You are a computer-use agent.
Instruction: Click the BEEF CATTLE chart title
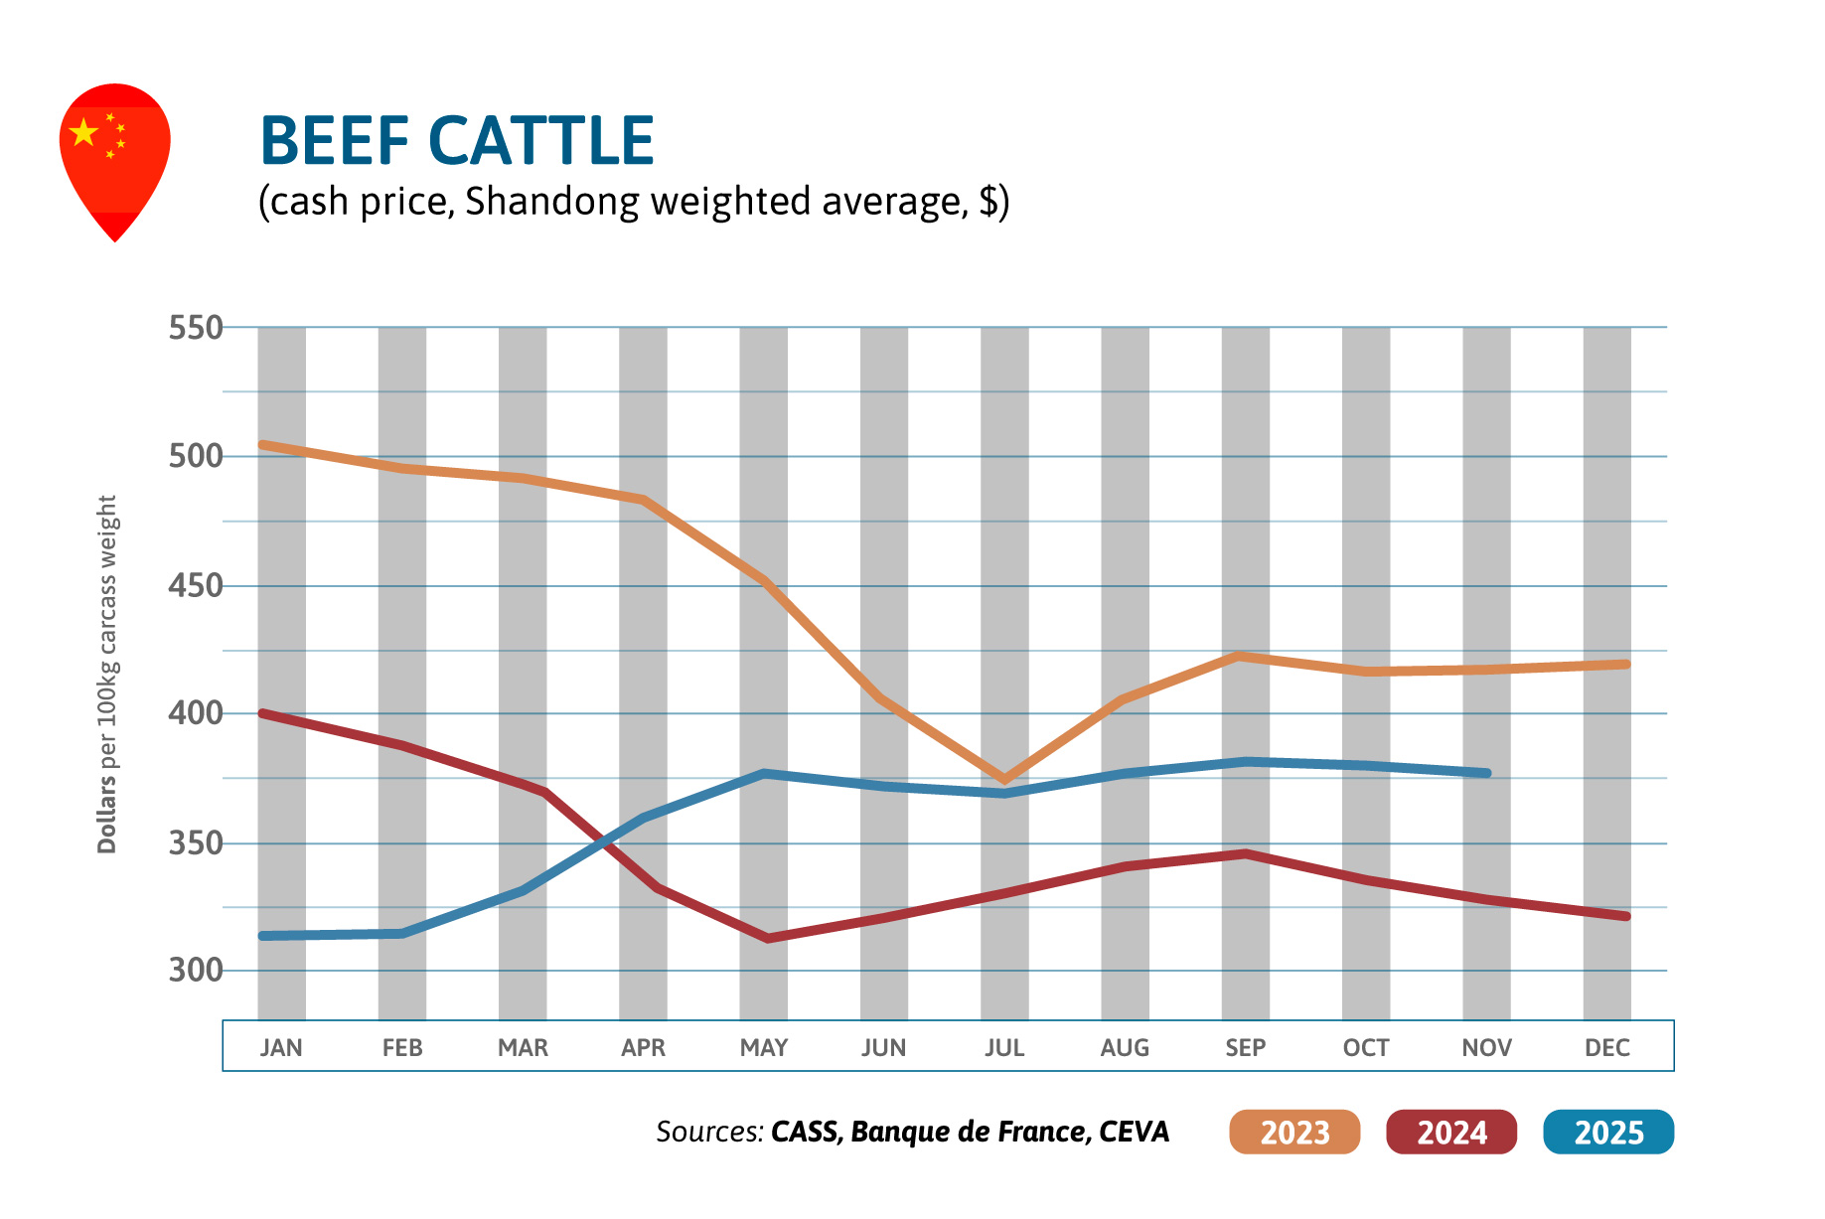[457, 140]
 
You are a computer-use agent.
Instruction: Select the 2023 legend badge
[1294, 1133]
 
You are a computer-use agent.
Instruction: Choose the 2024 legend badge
[1451, 1133]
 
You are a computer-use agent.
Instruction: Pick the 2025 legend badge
[1608, 1133]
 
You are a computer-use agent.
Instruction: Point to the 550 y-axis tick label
[196, 328]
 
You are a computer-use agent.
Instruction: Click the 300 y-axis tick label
[196, 970]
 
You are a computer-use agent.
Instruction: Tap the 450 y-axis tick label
[196, 585]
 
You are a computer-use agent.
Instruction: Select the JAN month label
[281, 1048]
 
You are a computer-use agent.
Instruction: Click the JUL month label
[1004, 1048]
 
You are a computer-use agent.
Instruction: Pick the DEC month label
[1606, 1048]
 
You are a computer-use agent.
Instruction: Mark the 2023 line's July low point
[1004, 780]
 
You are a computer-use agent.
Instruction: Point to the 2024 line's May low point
[766, 938]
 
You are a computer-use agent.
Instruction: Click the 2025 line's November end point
[1486, 773]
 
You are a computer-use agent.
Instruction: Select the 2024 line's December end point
[1625, 916]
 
